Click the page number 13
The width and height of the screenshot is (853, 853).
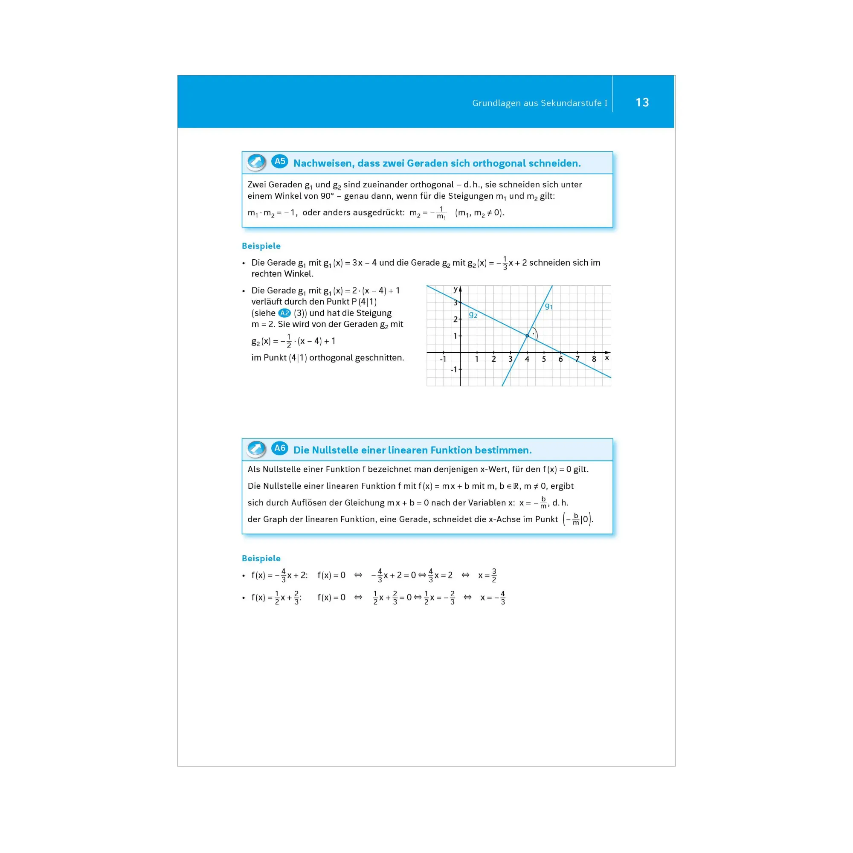click(x=642, y=102)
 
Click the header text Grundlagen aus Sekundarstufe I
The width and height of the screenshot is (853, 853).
click(x=540, y=103)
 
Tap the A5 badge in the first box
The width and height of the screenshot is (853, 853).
click(x=279, y=162)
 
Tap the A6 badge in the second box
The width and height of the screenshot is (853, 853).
click(x=279, y=449)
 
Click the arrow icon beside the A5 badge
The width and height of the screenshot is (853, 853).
click(x=256, y=162)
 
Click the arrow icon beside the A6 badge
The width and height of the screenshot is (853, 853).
click(x=256, y=449)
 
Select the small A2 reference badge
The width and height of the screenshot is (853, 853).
click(x=284, y=313)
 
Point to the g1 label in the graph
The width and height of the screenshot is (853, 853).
click(x=549, y=306)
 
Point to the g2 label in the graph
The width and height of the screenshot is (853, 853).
click(x=473, y=314)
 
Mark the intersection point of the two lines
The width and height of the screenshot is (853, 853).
click(x=527, y=336)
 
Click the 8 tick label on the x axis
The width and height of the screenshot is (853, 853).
click(x=594, y=360)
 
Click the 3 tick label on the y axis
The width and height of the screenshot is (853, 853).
click(x=455, y=303)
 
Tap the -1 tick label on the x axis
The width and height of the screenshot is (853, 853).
click(x=443, y=360)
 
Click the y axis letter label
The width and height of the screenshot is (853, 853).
click(x=455, y=289)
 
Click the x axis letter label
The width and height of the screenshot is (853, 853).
click(x=607, y=358)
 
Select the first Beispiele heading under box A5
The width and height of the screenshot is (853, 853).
click(x=261, y=246)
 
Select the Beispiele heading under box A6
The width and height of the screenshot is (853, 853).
click(x=261, y=559)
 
